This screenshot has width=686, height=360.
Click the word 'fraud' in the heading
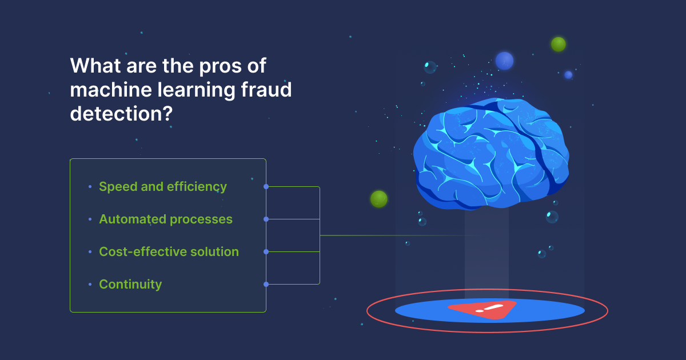click(266, 90)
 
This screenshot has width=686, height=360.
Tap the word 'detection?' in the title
click(122, 114)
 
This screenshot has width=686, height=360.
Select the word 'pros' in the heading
click(220, 66)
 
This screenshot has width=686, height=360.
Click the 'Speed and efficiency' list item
click(162, 187)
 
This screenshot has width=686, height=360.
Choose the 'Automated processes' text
click(166, 219)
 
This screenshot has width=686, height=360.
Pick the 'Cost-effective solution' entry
click(169, 251)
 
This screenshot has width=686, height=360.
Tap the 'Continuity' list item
click(130, 285)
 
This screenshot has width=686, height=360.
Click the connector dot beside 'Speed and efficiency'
click(266, 187)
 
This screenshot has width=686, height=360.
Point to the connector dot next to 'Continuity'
click(266, 285)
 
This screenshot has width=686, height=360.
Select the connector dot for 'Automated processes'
click(266, 219)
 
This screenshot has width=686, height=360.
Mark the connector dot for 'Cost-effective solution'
click(266, 251)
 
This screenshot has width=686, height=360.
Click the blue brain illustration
click(491, 154)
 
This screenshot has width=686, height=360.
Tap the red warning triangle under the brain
click(482, 309)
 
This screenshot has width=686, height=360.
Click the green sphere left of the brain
click(379, 199)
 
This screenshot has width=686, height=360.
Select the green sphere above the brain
click(559, 45)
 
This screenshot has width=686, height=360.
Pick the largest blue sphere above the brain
click(504, 61)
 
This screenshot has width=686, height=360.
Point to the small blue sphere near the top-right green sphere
click(568, 75)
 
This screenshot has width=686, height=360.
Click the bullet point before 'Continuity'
click(90, 285)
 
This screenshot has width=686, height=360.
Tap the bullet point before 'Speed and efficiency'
click(90, 187)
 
